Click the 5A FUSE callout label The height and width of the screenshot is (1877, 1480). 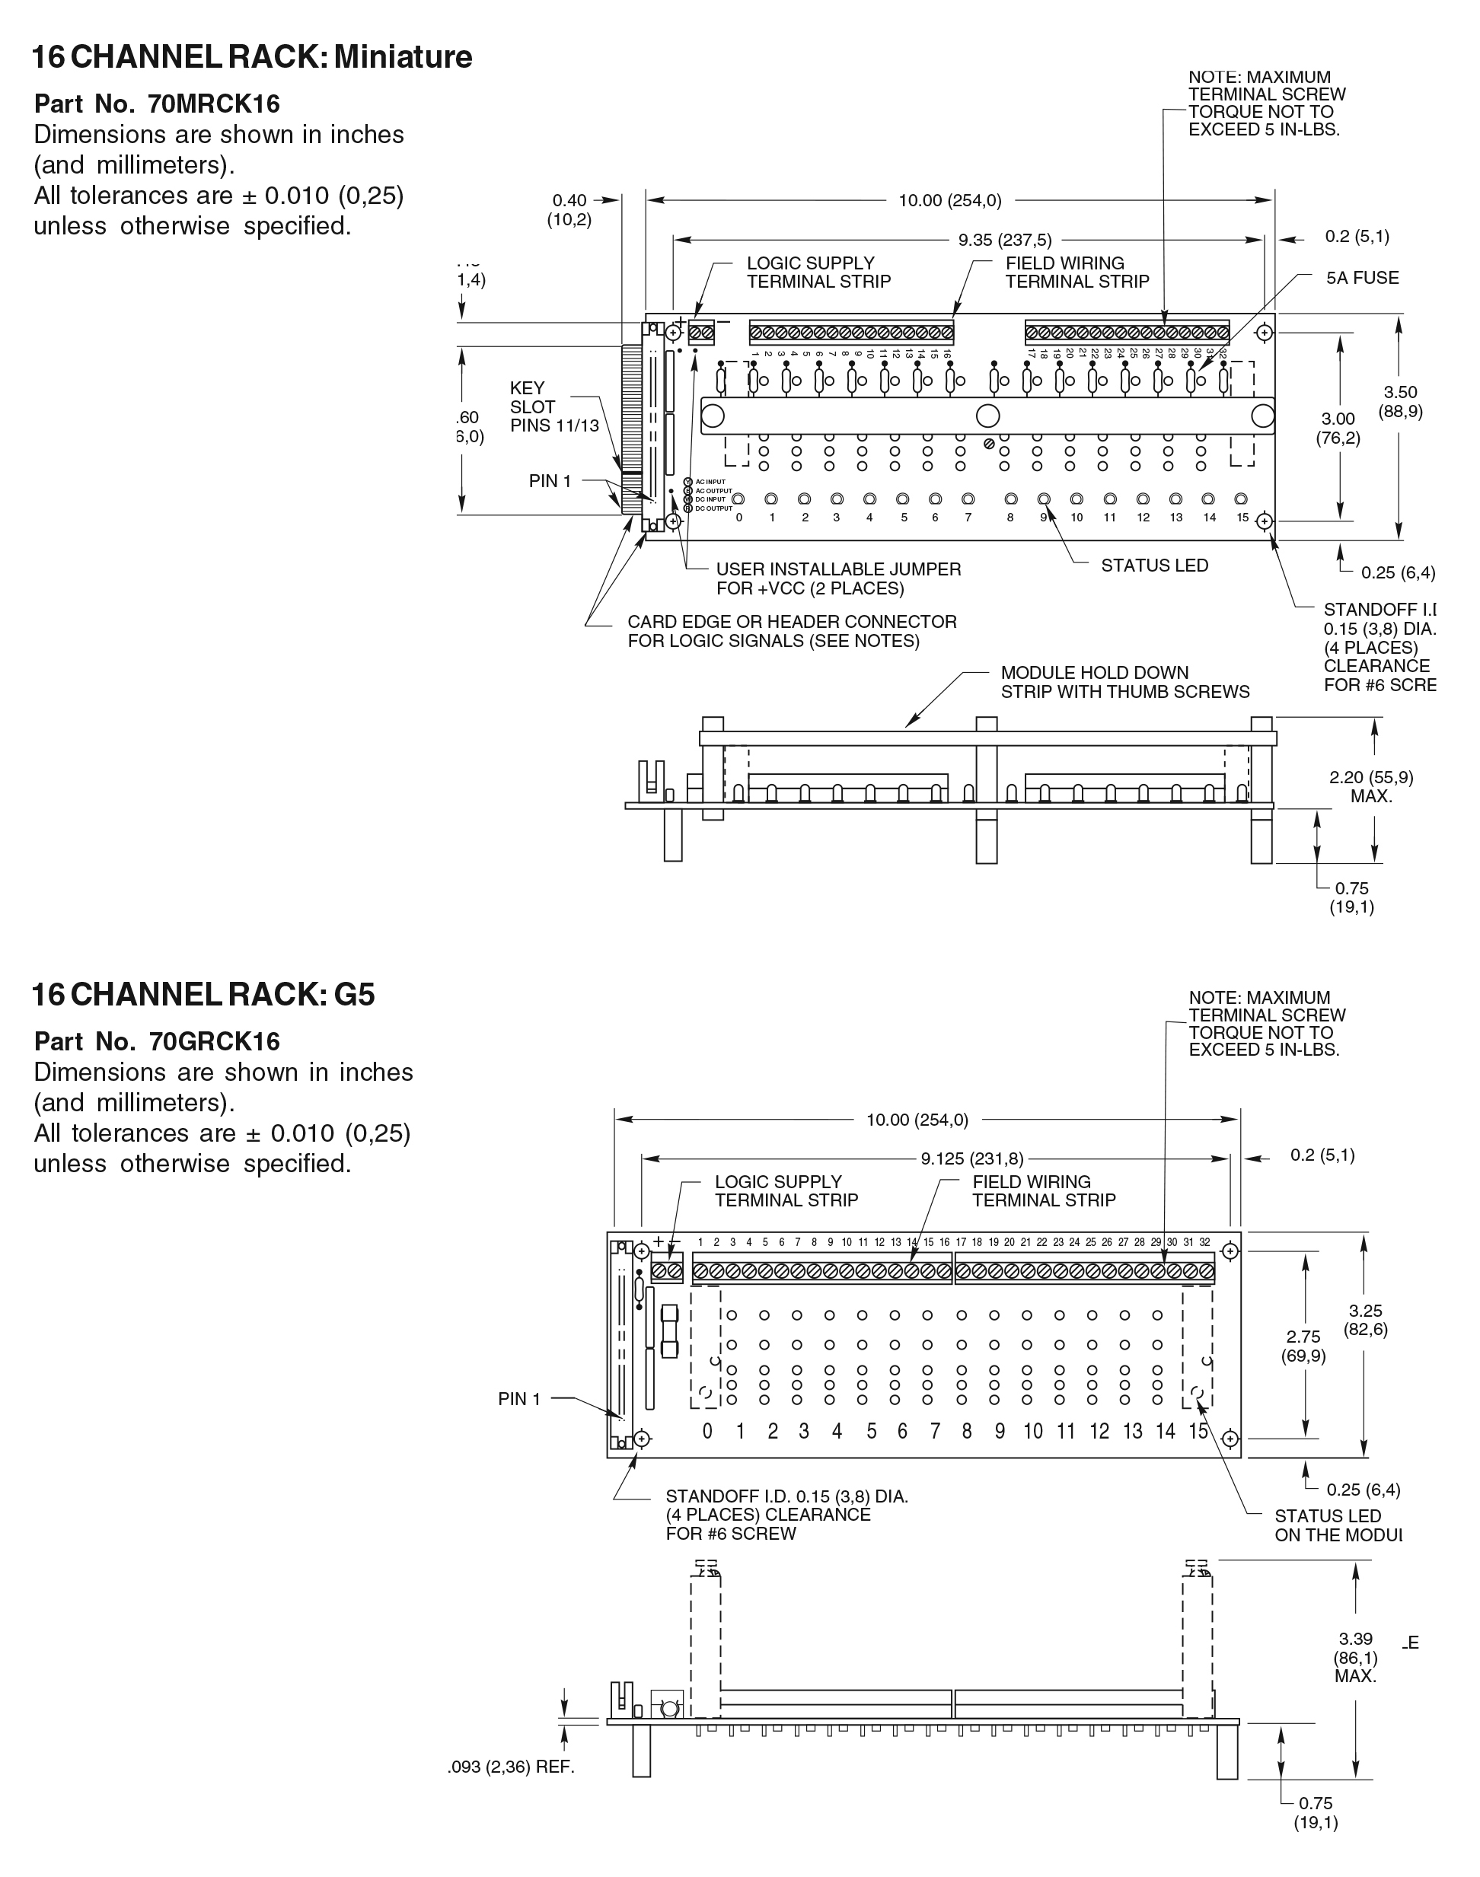click(1362, 278)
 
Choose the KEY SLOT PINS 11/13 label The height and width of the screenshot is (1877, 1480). click(553, 407)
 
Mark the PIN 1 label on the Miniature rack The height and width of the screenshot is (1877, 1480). click(550, 481)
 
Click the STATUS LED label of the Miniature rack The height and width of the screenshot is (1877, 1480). click(1154, 566)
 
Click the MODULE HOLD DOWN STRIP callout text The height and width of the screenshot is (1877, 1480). click(1124, 682)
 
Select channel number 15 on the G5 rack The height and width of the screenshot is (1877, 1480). click(1198, 1431)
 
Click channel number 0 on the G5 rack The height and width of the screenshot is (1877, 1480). click(707, 1431)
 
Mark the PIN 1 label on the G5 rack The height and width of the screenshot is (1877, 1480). click(519, 1399)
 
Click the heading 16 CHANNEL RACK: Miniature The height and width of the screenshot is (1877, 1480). click(252, 57)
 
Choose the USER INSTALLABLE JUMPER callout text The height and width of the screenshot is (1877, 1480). click(838, 578)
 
